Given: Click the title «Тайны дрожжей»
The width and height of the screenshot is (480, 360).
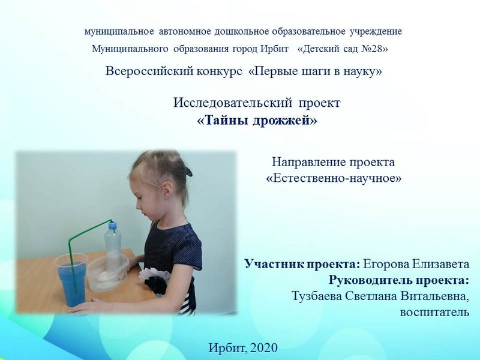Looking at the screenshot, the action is point(257,121).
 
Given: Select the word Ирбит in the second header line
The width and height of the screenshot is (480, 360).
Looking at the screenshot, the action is point(274,49).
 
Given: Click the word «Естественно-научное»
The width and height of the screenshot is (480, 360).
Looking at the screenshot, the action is point(334,178).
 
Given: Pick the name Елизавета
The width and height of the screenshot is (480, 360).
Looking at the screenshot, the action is point(440,264).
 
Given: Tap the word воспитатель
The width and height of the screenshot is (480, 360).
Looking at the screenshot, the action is point(434,312).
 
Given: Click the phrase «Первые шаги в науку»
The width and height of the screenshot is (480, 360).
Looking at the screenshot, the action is point(316,71).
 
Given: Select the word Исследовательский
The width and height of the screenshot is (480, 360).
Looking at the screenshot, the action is point(233,103).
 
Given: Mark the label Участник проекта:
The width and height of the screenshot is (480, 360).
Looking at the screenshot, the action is point(302,264).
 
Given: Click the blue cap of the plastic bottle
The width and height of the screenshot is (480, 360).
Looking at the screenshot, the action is point(113,225).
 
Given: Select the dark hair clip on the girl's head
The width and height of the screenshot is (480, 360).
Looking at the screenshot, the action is point(187,171).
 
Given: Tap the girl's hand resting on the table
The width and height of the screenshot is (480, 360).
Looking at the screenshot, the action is point(84,307).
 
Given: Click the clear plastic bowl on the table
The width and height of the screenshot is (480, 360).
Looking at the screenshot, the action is point(108,273).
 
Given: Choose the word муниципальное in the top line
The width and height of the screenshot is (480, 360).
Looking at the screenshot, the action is point(119,32).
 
